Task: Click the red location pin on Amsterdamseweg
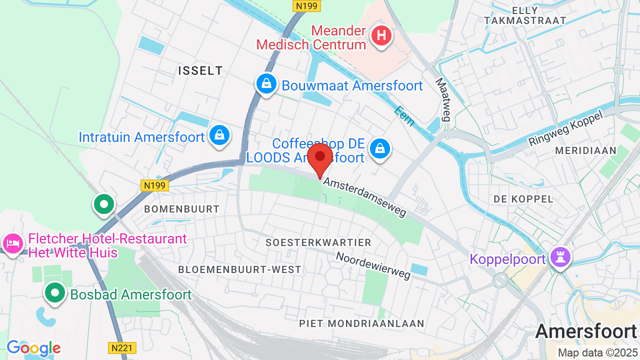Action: coord(320,157)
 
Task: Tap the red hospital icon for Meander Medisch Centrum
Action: coord(382,36)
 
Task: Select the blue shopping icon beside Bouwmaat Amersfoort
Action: coord(266,84)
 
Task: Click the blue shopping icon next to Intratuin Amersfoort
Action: coord(219,135)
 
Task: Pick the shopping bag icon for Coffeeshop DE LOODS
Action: coord(380,148)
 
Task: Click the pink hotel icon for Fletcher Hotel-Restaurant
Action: coord(12,244)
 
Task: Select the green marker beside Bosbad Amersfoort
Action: coord(55,293)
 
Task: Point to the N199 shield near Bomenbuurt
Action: coord(154,185)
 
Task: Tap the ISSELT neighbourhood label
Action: coord(200,71)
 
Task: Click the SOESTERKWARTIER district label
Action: coord(318,242)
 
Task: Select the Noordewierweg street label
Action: coord(373,265)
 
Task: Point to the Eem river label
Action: coord(404,116)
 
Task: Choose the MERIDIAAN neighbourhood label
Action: coord(585,150)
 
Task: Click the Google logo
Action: coord(33,348)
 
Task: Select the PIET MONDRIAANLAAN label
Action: coord(361,323)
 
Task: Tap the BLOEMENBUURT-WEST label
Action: coord(240,269)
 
